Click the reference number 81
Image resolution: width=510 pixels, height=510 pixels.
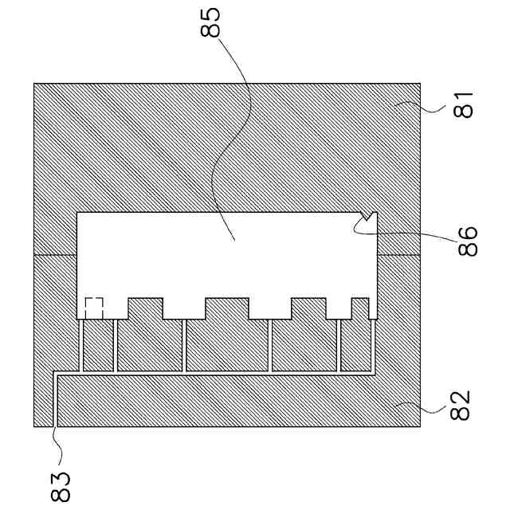tap(464, 104)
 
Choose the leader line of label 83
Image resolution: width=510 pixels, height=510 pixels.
tap(55, 438)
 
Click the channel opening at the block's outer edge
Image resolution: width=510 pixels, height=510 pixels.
tap(55, 426)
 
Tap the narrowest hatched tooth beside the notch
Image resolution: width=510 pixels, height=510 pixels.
tap(359, 308)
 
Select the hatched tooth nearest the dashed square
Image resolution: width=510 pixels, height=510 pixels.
tap(145, 308)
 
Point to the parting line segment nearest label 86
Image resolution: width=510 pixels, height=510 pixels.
tap(398, 254)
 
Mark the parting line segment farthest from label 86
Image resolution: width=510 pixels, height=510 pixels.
tap(54, 254)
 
